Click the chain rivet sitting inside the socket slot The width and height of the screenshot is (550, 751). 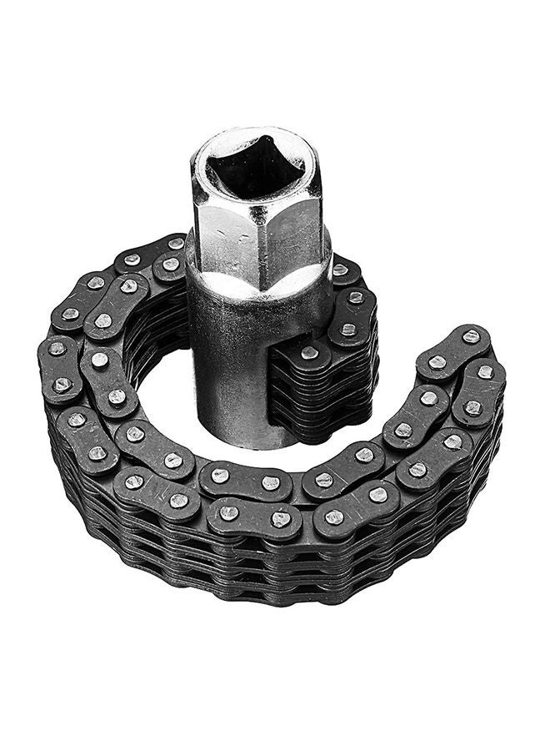coord(309,353)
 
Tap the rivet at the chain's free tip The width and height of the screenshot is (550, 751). coord(471,337)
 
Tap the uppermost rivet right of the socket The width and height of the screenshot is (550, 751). coord(340,270)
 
